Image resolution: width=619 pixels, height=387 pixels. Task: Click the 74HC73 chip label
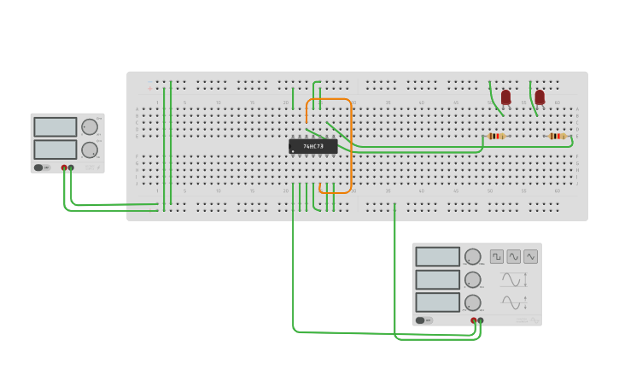312,146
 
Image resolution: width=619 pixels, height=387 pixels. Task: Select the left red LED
505,97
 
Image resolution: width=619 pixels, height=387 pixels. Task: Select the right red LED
540,97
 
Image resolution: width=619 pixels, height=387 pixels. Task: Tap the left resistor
496,136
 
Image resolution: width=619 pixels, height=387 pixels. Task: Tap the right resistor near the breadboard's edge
557,136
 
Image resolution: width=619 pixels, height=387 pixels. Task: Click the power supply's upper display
55,127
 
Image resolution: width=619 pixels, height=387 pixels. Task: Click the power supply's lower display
55,150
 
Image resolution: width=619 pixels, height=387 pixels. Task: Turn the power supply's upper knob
90,127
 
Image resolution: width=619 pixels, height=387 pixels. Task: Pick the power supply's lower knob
90,150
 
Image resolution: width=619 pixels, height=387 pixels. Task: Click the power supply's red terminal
64,167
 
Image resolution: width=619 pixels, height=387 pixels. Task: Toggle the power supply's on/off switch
38,167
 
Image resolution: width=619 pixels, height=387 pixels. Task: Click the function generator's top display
438,256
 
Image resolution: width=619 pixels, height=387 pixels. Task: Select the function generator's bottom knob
472,302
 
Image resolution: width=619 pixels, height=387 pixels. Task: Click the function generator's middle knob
472,279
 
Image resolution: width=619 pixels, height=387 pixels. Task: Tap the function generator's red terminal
474,320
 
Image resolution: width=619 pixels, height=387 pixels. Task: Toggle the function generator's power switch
420,320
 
